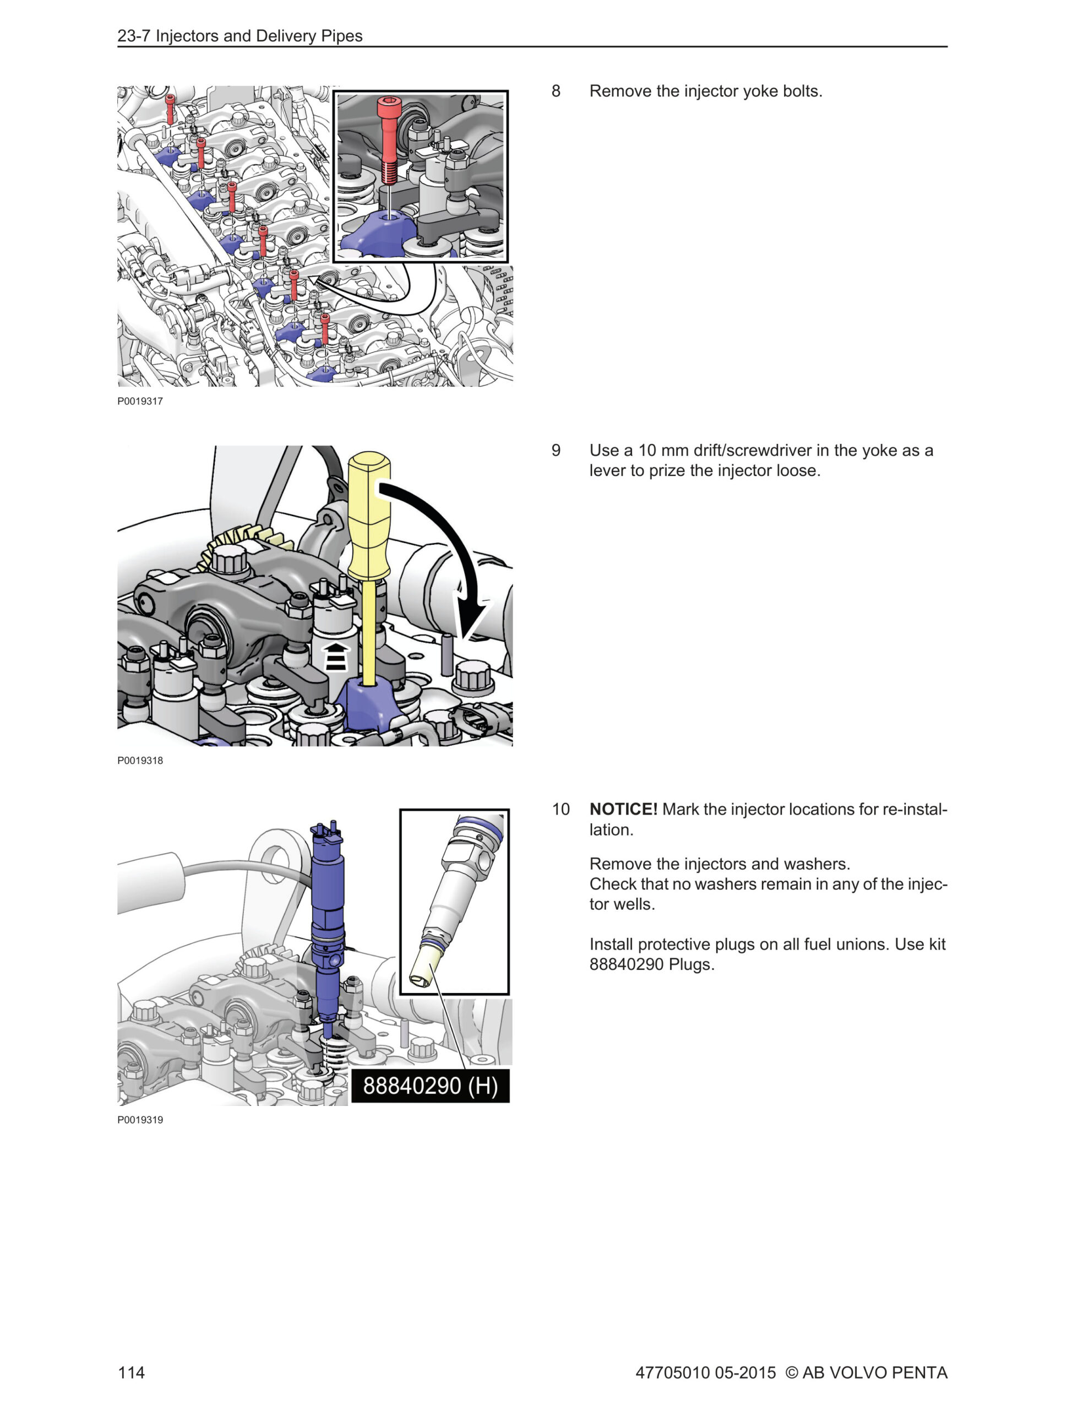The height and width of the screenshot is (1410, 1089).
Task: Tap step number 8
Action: [556, 91]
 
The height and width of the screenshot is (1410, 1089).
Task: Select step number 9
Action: [556, 450]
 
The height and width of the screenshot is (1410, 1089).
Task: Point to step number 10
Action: [560, 809]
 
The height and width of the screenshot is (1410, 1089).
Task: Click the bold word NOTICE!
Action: [623, 809]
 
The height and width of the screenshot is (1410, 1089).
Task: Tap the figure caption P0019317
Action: [140, 401]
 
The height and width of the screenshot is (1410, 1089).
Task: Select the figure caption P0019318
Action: [140, 761]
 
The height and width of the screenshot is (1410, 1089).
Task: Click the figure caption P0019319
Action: [140, 1120]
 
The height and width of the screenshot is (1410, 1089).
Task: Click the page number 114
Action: [131, 1372]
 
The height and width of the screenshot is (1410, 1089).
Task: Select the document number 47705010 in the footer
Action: [673, 1372]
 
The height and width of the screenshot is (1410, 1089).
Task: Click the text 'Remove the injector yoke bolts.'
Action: [706, 91]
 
